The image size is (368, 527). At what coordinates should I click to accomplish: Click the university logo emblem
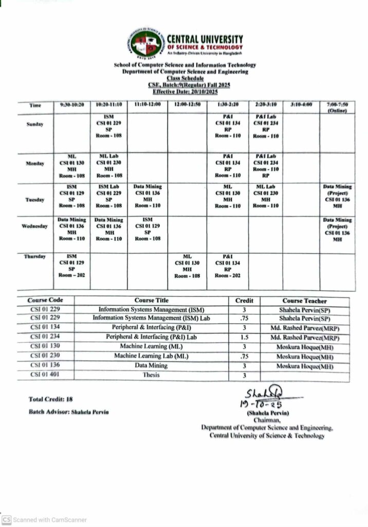(146, 44)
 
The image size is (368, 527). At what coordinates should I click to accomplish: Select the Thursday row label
(35, 256)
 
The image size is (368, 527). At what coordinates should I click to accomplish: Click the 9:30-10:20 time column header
(71, 104)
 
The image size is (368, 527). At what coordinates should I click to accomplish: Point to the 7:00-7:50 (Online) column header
(337, 107)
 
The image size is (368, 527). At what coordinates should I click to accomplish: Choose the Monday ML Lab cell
(108, 165)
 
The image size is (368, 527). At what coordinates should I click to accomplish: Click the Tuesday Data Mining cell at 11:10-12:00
(148, 196)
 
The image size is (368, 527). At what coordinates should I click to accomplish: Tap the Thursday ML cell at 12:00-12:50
(187, 266)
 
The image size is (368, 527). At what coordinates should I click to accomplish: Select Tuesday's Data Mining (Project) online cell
(337, 196)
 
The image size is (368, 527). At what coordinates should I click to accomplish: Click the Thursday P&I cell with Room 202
(228, 266)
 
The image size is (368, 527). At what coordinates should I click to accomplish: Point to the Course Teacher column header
(304, 301)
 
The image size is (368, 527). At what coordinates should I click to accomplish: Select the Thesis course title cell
(151, 375)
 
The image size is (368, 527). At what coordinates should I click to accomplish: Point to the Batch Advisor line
(68, 412)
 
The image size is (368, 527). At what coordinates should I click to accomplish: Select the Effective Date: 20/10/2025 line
(185, 91)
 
